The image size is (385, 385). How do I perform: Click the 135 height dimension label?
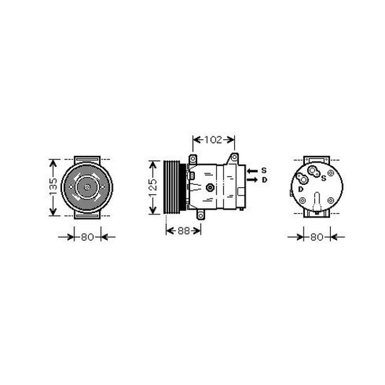tap(53, 187)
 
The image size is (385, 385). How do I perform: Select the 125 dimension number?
tap(152, 188)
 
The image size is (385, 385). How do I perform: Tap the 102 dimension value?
tap(213, 139)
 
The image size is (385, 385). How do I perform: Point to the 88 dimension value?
tap(183, 231)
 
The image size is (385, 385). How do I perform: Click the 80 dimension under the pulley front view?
tap(87, 237)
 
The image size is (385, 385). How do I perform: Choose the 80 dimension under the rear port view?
tap(317, 237)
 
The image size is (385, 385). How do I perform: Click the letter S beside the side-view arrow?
tap(264, 170)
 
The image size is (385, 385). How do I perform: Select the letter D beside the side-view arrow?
tap(264, 180)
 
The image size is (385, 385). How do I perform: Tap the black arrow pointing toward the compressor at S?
tap(252, 171)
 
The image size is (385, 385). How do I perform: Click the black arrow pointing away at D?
tap(252, 180)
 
